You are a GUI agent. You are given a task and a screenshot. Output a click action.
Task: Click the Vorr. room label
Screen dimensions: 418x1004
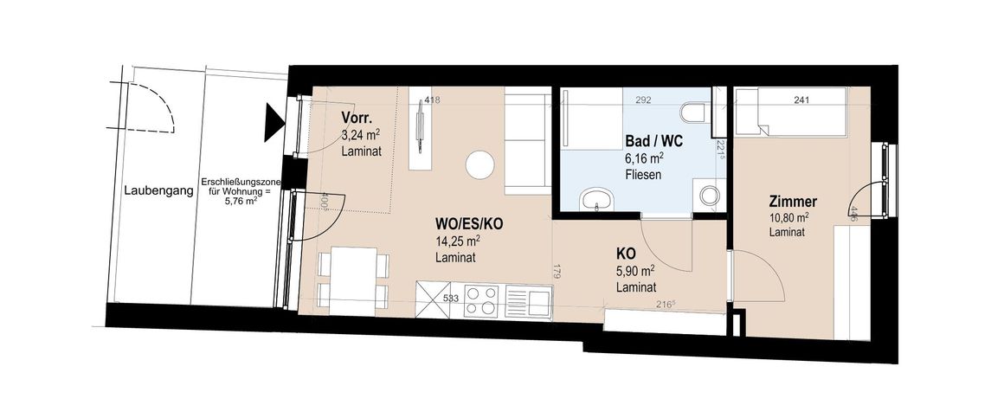(357, 119)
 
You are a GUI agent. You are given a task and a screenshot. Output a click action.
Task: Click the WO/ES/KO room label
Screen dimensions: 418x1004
(469, 224)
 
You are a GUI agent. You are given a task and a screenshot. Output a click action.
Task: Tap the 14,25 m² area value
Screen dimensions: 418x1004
(459, 241)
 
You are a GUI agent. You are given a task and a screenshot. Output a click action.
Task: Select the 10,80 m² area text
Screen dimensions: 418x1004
(788, 217)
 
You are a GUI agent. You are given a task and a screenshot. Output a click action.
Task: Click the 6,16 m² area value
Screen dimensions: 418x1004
(644, 158)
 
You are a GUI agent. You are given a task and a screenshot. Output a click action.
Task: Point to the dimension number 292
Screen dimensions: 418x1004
(643, 100)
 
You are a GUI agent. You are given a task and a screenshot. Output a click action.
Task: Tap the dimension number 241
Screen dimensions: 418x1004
(801, 100)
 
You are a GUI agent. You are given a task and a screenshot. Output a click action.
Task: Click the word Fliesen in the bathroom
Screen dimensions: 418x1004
(642, 175)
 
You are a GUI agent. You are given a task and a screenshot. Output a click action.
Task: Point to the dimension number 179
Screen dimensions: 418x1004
(557, 273)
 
